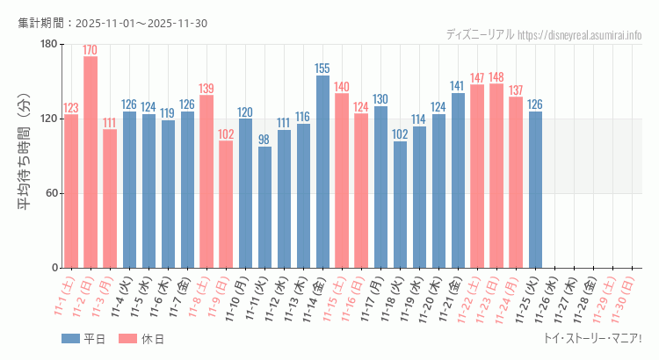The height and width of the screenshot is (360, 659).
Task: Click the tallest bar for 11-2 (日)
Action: pos(91,162)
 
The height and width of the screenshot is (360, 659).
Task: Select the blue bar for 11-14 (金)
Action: pos(322,172)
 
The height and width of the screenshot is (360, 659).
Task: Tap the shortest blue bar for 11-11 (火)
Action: pos(264,207)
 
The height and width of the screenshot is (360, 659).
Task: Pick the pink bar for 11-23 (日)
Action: pos(496,176)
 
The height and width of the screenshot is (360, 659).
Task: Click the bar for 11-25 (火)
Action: pos(535,190)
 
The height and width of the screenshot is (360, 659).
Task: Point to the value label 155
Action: pos(322,68)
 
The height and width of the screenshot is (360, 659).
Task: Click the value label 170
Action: pos(91,50)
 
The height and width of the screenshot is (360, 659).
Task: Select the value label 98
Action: pos(264,140)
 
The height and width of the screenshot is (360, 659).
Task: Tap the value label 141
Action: pos(458,86)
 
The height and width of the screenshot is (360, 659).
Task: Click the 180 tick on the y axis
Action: pos(49,45)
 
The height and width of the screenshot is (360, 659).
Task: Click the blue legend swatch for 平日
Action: pos(70,339)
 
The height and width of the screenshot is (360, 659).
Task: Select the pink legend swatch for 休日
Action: pos(127,339)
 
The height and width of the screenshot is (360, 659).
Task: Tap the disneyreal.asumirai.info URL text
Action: pos(580,35)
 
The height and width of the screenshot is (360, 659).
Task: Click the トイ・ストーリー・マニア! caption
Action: pos(593,339)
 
